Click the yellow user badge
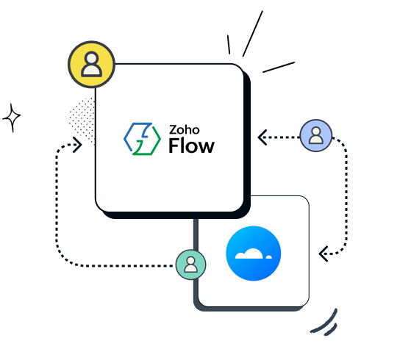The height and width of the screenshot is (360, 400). (91, 65)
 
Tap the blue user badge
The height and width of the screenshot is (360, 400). (315, 136)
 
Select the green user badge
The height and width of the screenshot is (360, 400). (190, 263)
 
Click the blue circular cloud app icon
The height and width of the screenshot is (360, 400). (254, 254)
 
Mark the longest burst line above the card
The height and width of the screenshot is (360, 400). (252, 35)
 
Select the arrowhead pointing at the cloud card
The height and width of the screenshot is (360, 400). (322, 254)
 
